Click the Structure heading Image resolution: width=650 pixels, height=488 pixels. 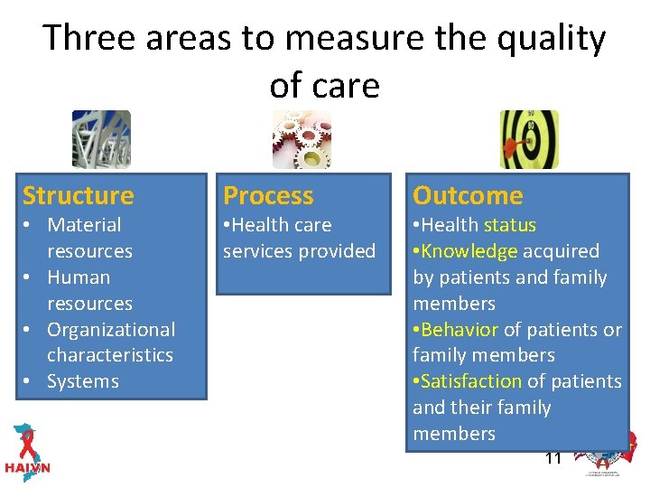tap(78, 195)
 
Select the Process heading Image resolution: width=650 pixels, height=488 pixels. tap(268, 195)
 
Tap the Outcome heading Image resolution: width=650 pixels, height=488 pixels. tap(468, 195)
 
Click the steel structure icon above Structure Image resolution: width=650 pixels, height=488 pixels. tap(101, 139)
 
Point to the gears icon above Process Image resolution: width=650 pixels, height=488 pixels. tap(302, 139)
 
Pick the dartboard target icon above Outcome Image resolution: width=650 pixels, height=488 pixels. tap(529, 139)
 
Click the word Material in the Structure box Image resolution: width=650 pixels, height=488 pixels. tap(84, 225)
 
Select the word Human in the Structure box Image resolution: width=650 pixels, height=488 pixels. tap(79, 277)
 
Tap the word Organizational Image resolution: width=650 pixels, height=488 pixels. tap(111, 330)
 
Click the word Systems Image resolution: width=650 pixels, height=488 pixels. tap(83, 381)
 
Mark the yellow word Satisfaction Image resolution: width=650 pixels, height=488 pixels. tap(470, 381)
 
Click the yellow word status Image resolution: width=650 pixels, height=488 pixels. tap(510, 225)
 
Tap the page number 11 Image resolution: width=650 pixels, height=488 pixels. tap(552, 458)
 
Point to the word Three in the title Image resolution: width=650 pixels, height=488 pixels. tap(88, 38)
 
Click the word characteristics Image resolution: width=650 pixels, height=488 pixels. tap(110, 355)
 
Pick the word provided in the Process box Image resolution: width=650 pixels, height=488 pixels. tap(339, 251)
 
